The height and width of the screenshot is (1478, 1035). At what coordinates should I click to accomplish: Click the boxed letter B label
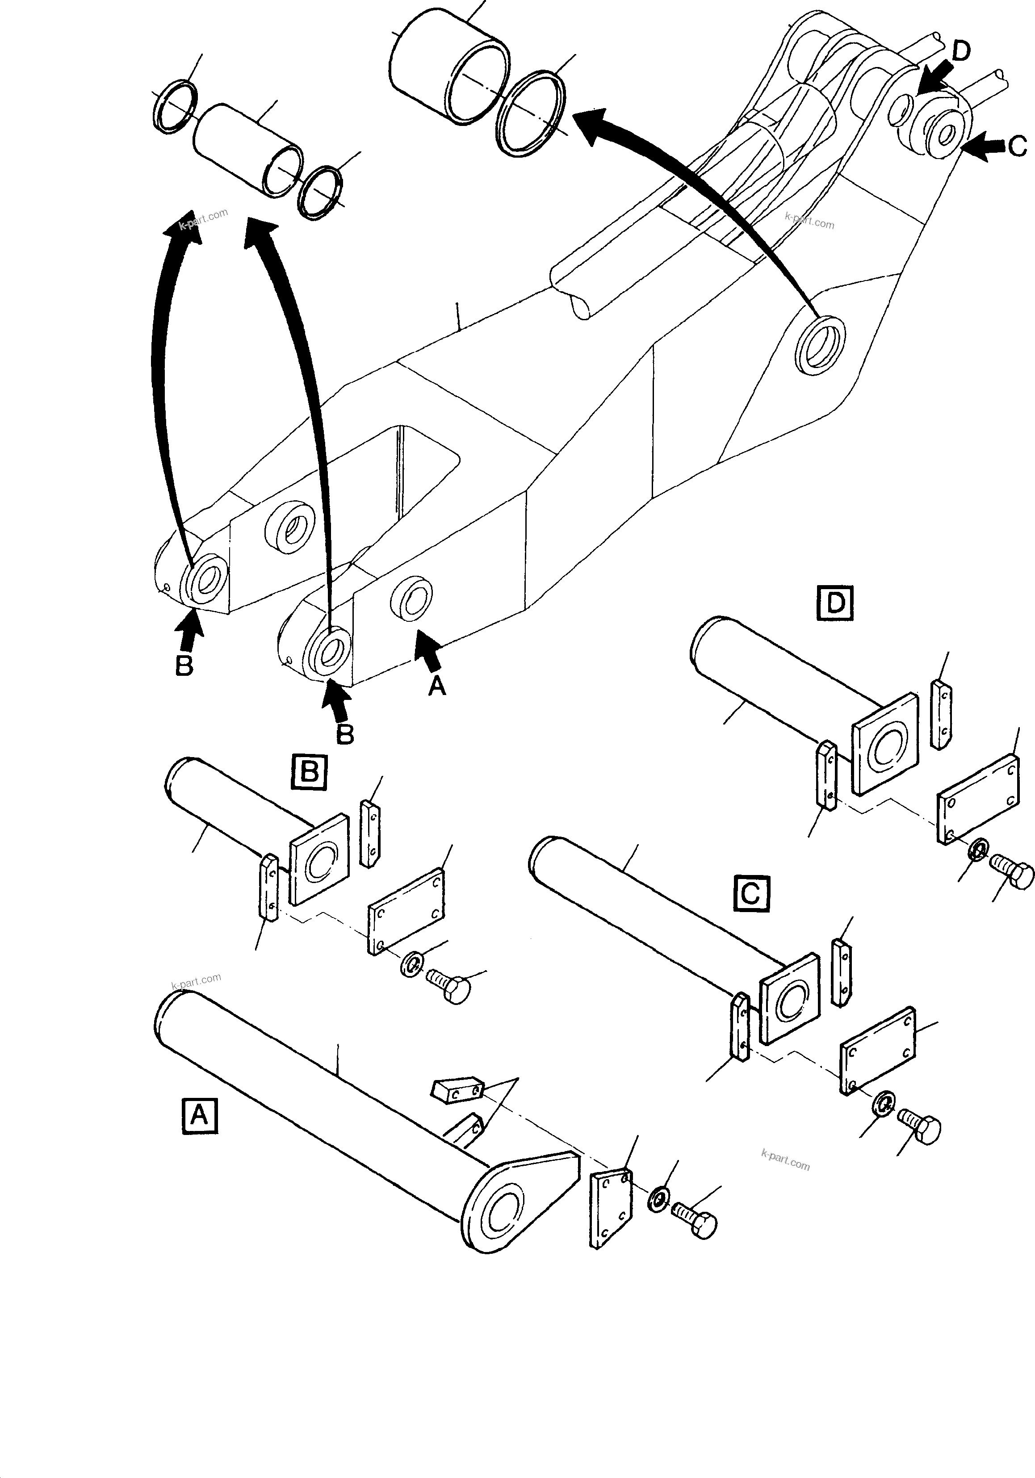pos(309,772)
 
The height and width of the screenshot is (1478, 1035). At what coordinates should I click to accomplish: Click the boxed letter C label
pos(751,893)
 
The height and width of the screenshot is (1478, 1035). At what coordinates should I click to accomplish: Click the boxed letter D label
pos(835,603)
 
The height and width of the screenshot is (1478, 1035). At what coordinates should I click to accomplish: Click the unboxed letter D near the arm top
pos(960,51)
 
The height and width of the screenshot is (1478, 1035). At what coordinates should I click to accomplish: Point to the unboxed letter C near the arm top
pos(1017,147)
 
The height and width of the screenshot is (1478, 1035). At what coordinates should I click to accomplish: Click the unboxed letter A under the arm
pos(437,687)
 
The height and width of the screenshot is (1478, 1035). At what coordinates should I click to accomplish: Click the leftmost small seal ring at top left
pos(176,107)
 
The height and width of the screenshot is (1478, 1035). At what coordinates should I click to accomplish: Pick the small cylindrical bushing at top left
pos(247,149)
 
